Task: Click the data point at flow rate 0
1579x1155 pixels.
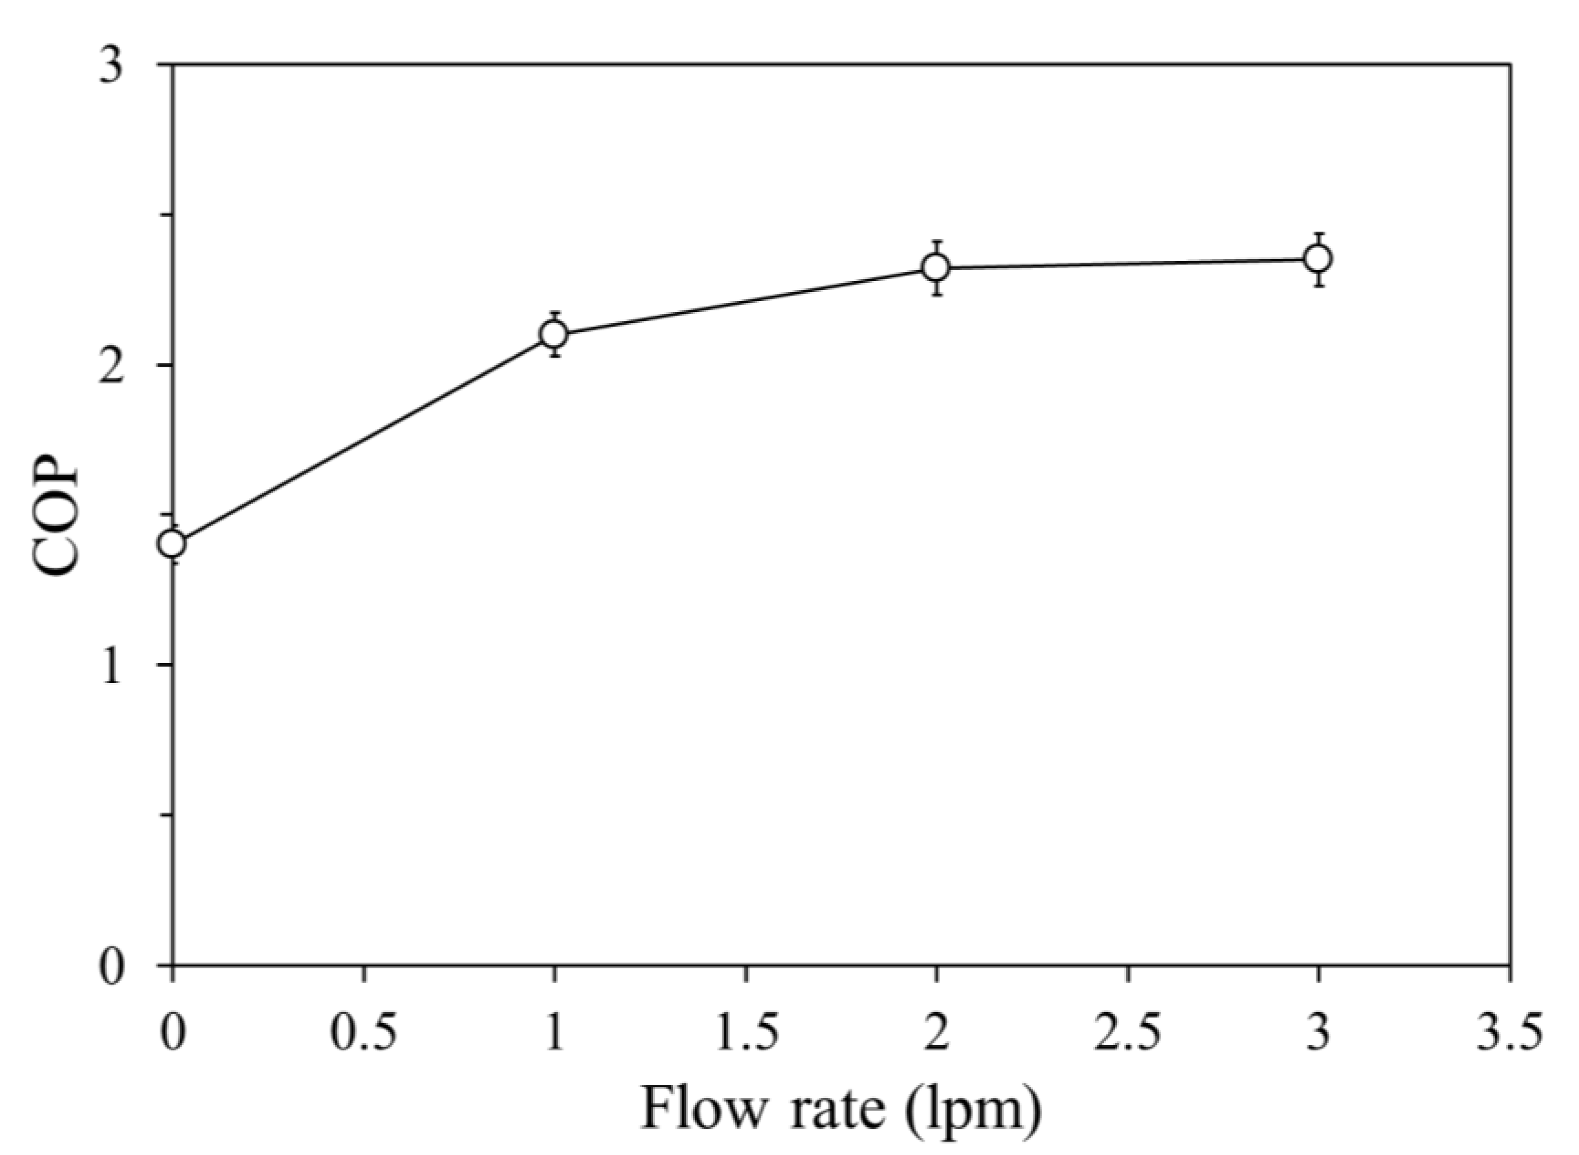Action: click(x=173, y=543)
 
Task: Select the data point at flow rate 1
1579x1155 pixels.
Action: click(x=555, y=334)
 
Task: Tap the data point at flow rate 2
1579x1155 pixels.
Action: click(x=936, y=267)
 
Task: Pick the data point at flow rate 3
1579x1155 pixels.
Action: click(x=1318, y=258)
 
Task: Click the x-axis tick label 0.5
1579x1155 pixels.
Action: click(x=364, y=1033)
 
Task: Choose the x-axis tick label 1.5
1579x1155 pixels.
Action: click(x=746, y=1033)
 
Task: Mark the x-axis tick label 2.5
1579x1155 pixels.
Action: click(x=1127, y=1033)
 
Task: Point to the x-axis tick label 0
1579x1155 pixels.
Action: click(x=172, y=1033)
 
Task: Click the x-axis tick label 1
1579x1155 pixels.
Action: click(x=555, y=1033)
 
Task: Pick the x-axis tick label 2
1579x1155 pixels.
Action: click(x=936, y=1033)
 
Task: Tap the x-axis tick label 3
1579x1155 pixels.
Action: click(x=1318, y=1033)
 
